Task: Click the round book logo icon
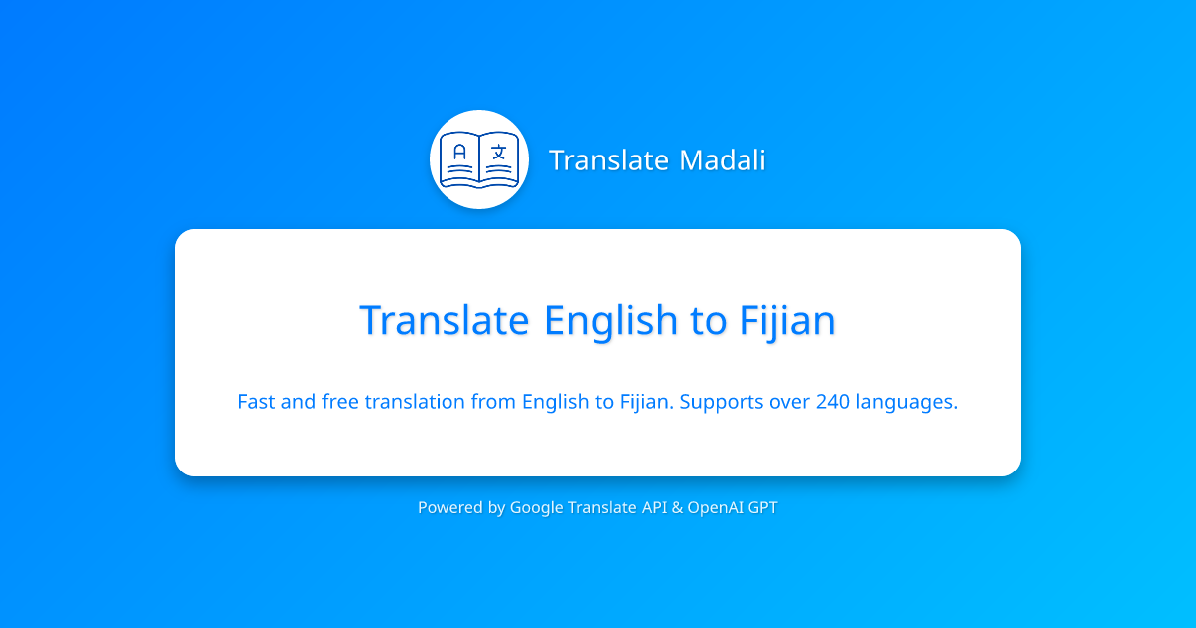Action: point(478,159)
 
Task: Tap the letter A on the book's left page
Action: point(459,153)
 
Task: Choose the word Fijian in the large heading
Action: point(787,321)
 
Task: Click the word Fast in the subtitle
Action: point(257,402)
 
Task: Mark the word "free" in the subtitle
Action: point(340,402)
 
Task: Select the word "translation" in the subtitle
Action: point(415,402)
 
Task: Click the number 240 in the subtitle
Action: point(832,402)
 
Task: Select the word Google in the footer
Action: point(536,508)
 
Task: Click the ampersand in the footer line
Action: point(678,507)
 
